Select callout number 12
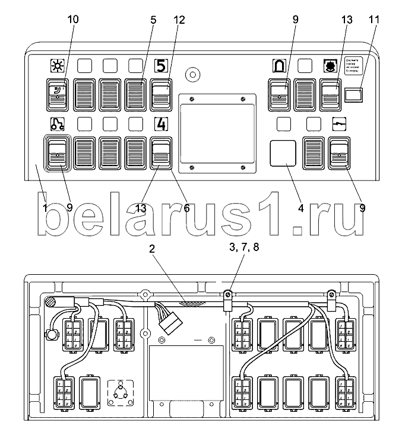(179, 20)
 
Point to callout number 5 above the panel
(153, 20)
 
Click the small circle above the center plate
(192, 74)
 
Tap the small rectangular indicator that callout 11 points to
(354, 94)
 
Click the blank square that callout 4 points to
(283, 153)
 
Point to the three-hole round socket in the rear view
(121, 391)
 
